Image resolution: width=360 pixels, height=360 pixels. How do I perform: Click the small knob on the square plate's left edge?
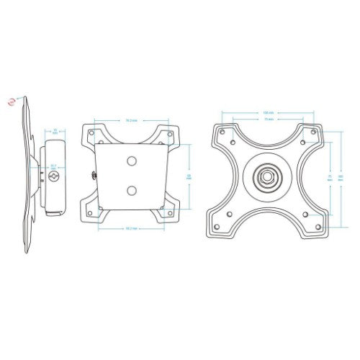pos(94,173)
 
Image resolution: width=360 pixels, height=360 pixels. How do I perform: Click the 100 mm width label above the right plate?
pos(267,112)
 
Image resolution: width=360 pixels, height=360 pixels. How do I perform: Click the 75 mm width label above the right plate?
pos(267,120)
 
